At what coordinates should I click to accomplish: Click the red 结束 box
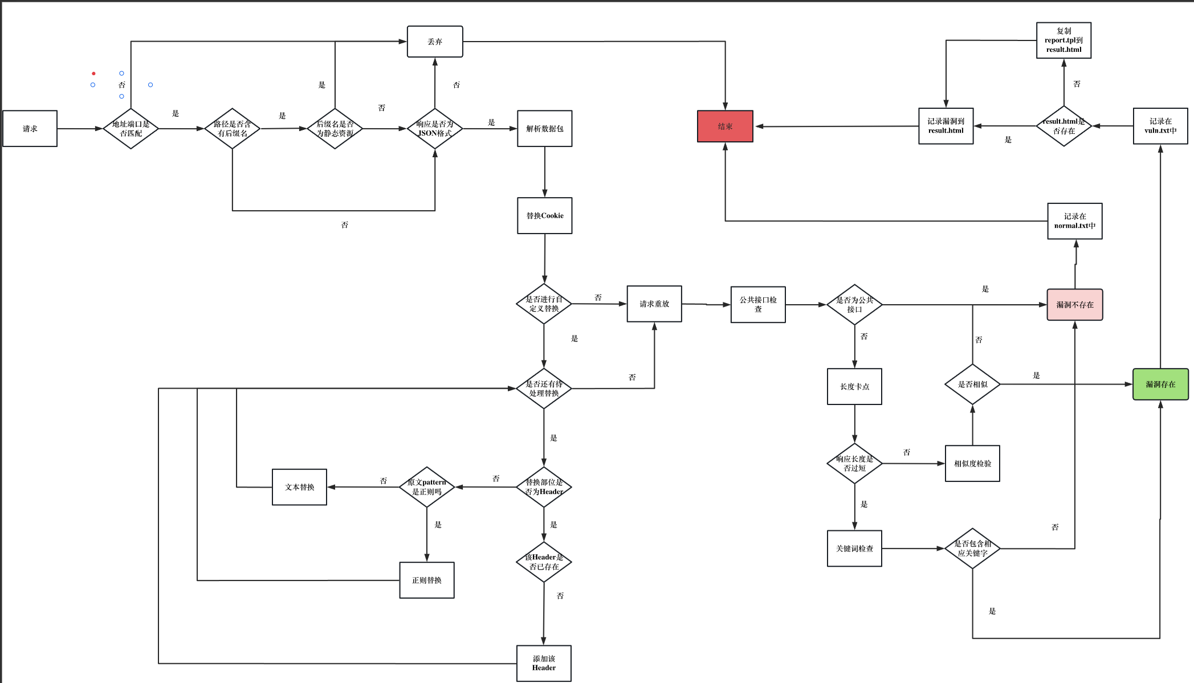coord(725,126)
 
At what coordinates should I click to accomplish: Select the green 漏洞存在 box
coord(1160,385)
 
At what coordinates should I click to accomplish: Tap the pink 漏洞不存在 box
coord(1074,305)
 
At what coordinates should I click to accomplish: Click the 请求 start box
coord(30,129)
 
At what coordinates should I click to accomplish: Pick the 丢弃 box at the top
coord(435,42)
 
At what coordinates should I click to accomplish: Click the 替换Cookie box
coord(544,216)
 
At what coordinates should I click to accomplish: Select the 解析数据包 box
coord(544,129)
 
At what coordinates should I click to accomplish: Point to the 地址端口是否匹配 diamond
coord(131,129)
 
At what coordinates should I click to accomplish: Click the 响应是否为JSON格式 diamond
coord(435,129)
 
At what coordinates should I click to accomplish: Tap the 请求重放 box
coord(654,304)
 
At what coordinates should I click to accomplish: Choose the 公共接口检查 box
coord(758,305)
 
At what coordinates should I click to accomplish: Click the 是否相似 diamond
coord(972,385)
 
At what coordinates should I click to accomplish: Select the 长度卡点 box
coord(854,387)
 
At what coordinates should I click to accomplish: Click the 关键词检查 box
coord(854,549)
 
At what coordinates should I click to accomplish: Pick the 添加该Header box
coord(544,663)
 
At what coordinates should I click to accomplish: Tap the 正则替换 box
coord(427,580)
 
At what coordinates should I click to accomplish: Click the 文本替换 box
coord(299,487)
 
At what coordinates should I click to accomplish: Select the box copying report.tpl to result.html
coord(1063,40)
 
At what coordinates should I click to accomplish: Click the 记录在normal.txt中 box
coord(1074,221)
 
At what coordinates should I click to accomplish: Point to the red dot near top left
coord(93,73)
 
